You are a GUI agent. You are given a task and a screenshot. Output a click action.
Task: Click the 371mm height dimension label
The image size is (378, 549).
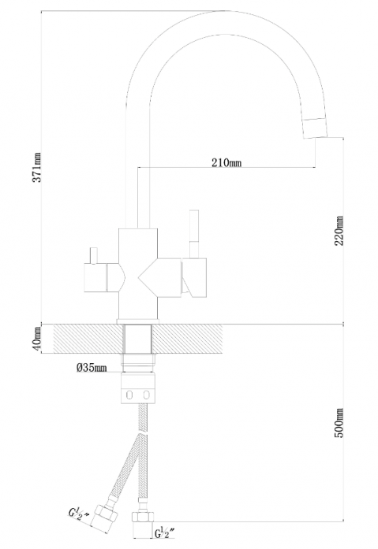37,167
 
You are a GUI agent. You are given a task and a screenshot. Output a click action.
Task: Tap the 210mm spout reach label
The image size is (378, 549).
226,162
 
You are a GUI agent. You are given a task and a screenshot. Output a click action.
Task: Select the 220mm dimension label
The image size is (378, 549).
339,231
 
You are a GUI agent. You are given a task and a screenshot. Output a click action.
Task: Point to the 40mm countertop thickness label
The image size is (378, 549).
38,339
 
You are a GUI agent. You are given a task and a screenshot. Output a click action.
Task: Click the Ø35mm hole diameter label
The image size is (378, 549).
92,368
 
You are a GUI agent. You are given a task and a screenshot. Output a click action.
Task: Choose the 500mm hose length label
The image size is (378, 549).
339,423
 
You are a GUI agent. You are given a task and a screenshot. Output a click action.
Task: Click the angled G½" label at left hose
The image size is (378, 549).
79,514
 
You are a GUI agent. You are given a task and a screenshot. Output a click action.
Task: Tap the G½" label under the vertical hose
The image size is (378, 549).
164,533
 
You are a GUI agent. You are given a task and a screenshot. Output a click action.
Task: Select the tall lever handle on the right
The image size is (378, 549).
194,234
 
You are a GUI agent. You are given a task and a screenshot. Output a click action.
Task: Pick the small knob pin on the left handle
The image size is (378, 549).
93,255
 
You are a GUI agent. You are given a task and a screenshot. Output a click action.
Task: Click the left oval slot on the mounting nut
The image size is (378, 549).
129,395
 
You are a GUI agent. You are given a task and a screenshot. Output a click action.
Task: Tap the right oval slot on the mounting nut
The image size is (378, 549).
146,395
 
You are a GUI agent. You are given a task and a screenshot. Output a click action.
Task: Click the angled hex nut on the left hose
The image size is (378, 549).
104,518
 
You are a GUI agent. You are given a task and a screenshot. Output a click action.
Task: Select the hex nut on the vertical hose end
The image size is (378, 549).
143,517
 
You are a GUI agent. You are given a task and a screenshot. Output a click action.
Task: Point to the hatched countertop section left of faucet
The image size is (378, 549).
88,339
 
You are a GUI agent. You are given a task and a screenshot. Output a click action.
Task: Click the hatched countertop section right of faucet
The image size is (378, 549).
187,339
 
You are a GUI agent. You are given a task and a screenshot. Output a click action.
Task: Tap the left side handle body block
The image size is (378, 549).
95,277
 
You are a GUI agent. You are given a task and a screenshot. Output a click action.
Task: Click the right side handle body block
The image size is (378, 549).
194,277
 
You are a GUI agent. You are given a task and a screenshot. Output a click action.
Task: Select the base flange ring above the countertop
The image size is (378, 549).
138,321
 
